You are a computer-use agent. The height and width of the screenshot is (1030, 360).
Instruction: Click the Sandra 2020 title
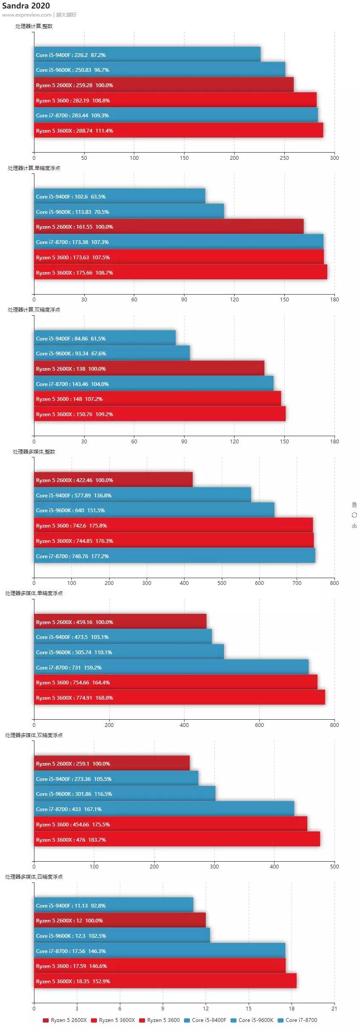pyautogui.click(x=26, y=6)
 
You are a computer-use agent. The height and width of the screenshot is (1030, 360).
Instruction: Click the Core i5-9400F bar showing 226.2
pyautogui.click(x=147, y=54)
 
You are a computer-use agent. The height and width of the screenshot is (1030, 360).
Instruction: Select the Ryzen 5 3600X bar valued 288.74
pyautogui.click(x=179, y=131)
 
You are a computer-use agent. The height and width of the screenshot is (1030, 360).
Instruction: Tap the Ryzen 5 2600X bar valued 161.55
pyautogui.click(x=169, y=227)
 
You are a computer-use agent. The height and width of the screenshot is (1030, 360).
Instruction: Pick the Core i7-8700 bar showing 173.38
pyautogui.click(x=179, y=242)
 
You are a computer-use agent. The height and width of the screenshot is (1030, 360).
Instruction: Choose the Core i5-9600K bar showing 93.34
pyautogui.click(x=112, y=353)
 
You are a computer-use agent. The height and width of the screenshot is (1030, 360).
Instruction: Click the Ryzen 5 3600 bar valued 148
pyautogui.click(x=157, y=399)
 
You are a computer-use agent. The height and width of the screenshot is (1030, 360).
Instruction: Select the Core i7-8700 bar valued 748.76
pyautogui.click(x=174, y=556)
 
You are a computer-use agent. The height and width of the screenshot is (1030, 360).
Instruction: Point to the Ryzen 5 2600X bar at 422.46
pyautogui.click(x=113, y=480)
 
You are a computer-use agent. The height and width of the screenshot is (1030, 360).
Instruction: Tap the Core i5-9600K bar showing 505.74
pyautogui.click(x=129, y=652)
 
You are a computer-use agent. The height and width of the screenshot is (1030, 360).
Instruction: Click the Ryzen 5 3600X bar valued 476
pyautogui.click(x=177, y=840)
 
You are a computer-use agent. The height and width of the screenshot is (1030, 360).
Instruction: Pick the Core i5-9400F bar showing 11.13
pyautogui.click(x=113, y=905)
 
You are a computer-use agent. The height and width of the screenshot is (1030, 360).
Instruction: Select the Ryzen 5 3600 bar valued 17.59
pyautogui.click(x=160, y=966)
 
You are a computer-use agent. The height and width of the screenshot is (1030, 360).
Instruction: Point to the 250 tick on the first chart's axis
pyautogui.click(x=284, y=158)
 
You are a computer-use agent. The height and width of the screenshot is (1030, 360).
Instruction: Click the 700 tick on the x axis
pyautogui.click(x=297, y=583)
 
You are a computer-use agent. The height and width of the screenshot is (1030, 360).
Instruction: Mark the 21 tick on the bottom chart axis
pyautogui.click(x=334, y=1008)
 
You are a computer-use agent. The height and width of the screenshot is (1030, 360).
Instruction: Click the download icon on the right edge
pyautogui.click(x=354, y=526)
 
